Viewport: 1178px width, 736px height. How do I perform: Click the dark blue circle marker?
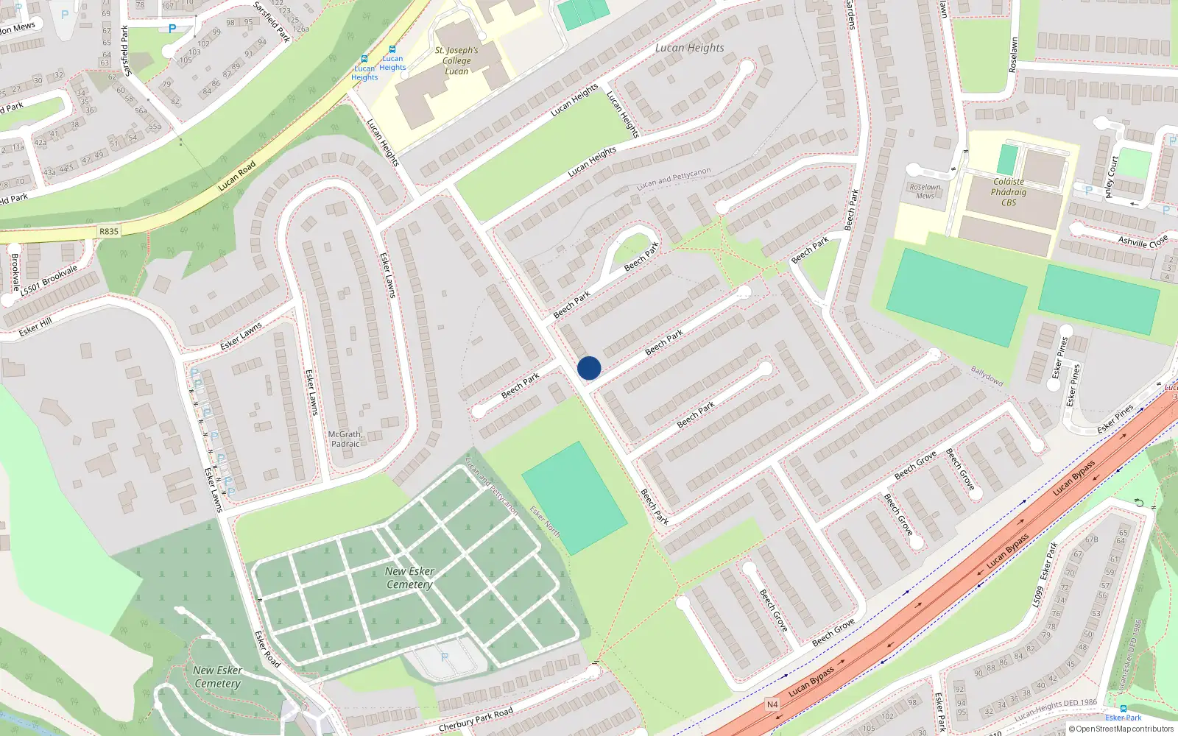tap(589, 368)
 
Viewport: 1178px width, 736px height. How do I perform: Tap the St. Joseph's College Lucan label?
tap(456, 60)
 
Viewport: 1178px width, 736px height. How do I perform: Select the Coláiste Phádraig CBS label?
tap(1009, 192)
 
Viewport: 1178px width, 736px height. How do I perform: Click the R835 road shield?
tap(109, 231)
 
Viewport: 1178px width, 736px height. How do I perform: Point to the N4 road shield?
tap(772, 704)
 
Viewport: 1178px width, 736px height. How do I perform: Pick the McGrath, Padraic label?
tap(345, 439)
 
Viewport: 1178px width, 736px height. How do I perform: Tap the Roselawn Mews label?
tap(925, 191)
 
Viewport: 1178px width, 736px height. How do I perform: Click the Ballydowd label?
tap(987, 376)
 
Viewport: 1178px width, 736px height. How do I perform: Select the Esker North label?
tap(545, 522)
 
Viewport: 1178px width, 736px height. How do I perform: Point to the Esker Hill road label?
tap(35, 327)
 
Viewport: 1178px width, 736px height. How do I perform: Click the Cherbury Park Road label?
tap(476, 720)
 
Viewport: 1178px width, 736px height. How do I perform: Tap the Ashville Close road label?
tap(1143, 241)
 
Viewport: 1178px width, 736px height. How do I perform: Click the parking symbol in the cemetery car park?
tap(444, 657)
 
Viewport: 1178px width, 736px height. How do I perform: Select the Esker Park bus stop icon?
tap(1123, 709)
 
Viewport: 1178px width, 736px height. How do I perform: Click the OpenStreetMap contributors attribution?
tap(1121, 729)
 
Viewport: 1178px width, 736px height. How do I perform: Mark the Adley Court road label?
tap(1111, 177)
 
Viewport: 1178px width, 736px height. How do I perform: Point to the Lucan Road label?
tap(237, 176)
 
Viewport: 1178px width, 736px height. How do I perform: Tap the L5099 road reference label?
tap(1037, 596)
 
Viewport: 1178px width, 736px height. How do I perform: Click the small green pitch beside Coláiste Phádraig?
tap(1007, 160)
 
